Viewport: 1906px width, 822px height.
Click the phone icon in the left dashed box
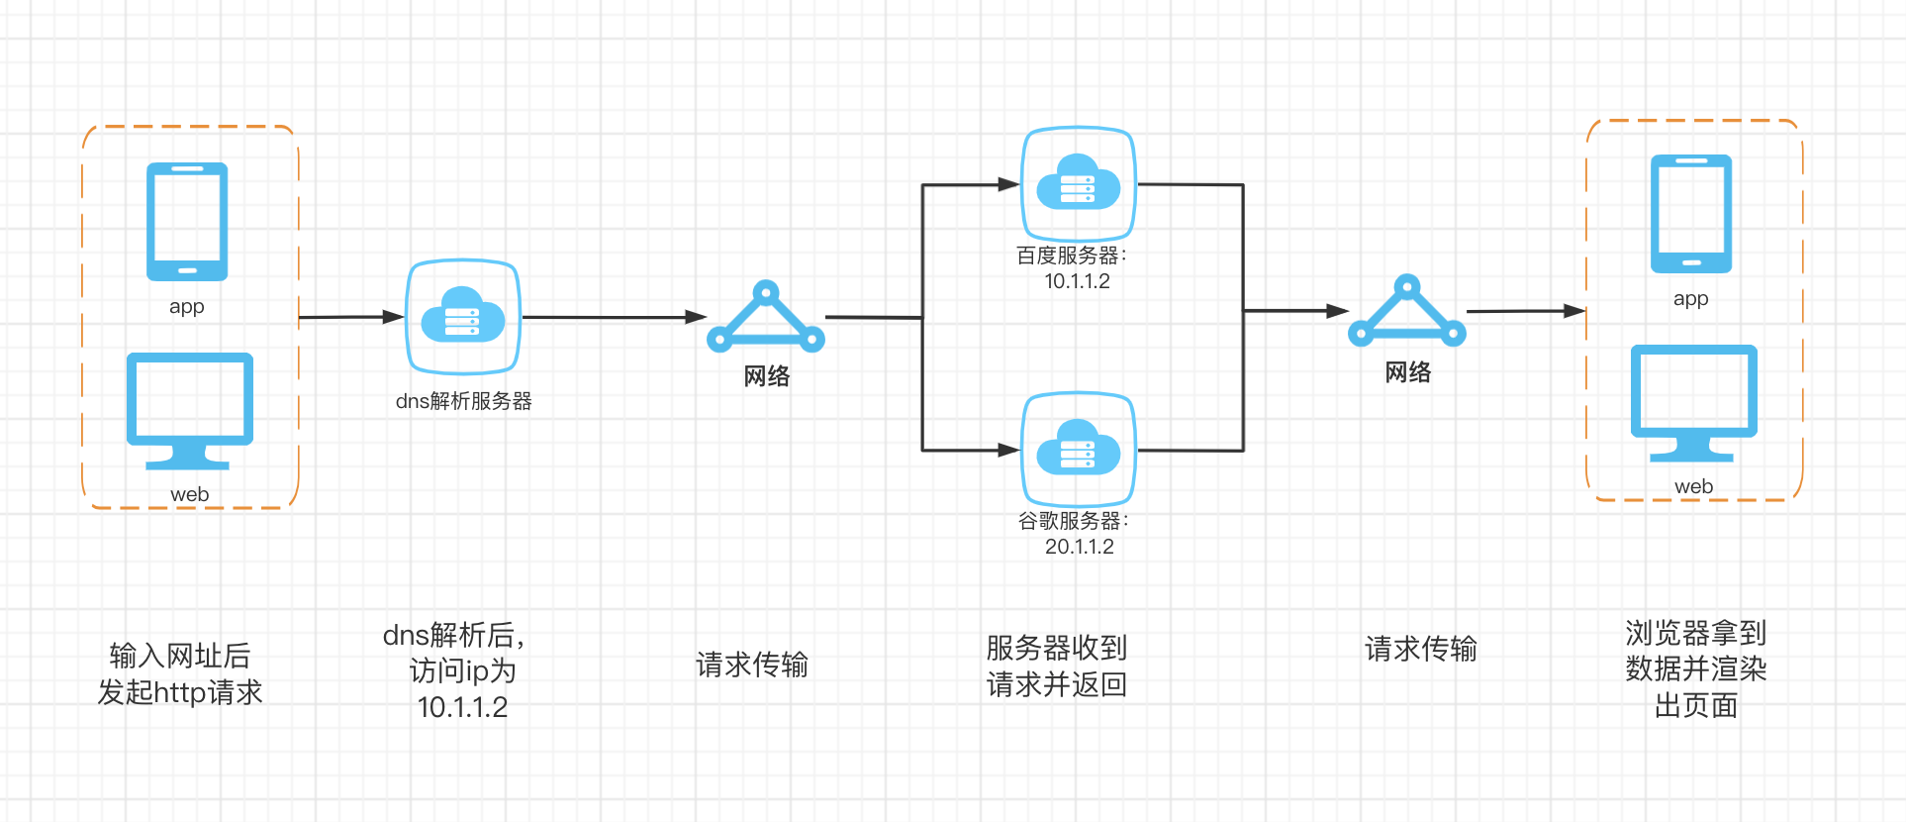coord(187,222)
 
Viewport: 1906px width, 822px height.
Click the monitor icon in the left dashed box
coord(189,408)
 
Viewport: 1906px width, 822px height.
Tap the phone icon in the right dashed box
coord(1691,214)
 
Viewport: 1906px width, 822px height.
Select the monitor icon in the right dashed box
coord(1693,400)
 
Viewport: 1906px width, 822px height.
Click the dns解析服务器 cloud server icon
coord(463,318)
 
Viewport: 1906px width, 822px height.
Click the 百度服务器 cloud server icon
coord(1079,184)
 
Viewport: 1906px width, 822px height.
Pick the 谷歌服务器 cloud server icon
coord(1079,450)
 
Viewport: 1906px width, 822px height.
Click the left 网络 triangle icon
coord(766,319)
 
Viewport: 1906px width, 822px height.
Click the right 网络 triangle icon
coord(1407,313)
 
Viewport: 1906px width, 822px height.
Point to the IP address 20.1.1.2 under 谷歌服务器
coord(1079,547)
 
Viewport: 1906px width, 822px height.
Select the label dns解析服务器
coord(463,401)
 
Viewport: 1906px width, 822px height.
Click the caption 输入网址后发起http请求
coord(180,673)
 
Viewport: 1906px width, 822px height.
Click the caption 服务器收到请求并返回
coord(1057,666)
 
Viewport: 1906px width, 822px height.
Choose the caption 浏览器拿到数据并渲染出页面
coord(1695,668)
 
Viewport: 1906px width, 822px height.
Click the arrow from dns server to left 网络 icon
coord(614,317)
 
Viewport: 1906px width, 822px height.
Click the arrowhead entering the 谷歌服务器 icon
coord(1009,450)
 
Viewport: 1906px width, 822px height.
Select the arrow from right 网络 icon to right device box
coord(1524,311)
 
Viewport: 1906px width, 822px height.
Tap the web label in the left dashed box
coord(189,494)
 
